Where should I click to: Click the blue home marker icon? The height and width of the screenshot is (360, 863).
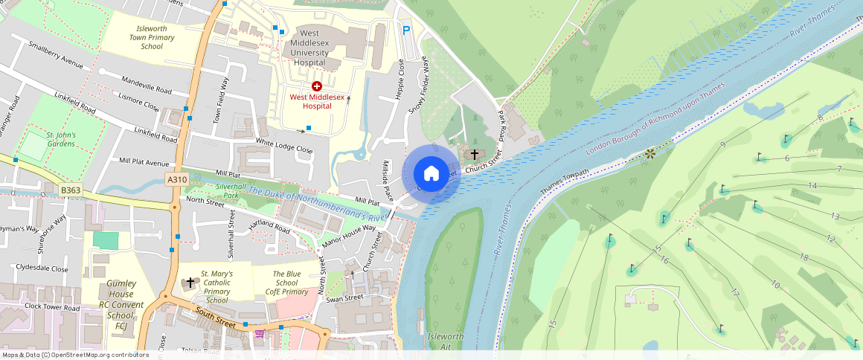pos(431,173)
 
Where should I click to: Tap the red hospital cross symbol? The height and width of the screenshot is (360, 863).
pos(317,87)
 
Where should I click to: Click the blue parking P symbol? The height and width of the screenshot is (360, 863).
pos(405,30)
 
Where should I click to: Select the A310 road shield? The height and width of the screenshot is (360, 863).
pos(177,179)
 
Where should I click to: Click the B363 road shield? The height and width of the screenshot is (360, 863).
pos(71,191)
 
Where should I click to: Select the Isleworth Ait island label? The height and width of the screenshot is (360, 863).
pos(446,341)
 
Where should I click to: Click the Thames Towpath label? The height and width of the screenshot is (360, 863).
pos(564,183)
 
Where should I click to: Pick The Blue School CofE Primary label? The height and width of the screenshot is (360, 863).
pos(286,283)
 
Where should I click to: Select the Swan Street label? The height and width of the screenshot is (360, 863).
pos(344,298)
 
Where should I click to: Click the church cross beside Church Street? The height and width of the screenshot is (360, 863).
pos(475,154)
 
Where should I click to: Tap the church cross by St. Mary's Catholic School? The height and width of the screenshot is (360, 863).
pos(190,283)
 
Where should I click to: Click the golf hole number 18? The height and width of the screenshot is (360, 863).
pos(803,257)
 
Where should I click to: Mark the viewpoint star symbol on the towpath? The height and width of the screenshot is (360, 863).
pos(649,153)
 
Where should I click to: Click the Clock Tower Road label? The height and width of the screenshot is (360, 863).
pos(51,306)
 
